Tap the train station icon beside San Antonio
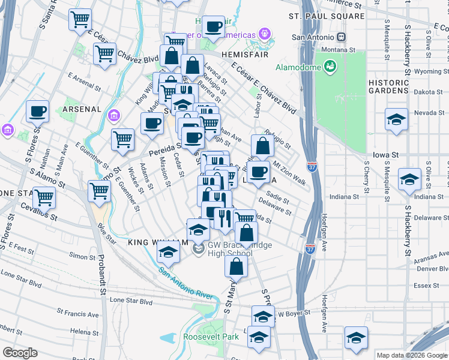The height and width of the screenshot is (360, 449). [x=341, y=37]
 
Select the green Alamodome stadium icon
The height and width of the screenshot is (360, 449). [x=330, y=67]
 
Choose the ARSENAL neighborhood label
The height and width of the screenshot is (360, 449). [x=80, y=109]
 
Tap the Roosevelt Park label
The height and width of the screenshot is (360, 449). [x=211, y=337]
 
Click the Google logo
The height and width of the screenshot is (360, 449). [x=20, y=353]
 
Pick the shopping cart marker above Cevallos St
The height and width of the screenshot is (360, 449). [x=44, y=197]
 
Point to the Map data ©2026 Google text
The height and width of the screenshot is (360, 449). [x=411, y=355]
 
